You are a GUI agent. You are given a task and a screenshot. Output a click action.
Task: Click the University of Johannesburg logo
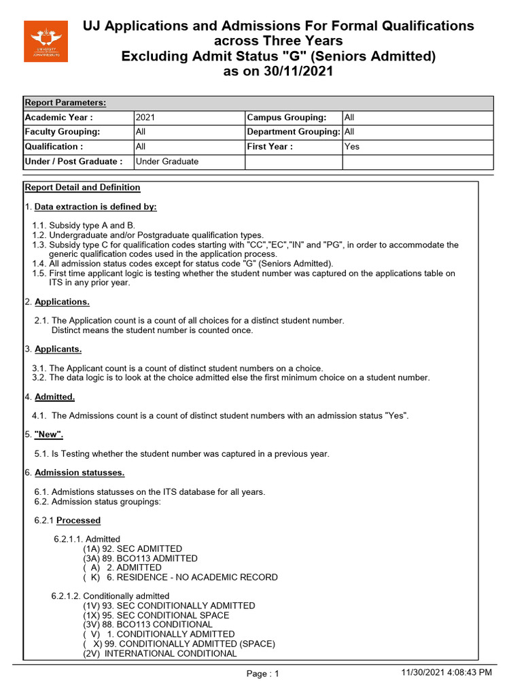coord(46,41)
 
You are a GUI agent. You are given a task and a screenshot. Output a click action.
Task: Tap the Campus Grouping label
coord(286,118)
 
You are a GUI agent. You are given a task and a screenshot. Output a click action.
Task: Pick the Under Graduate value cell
coord(167,162)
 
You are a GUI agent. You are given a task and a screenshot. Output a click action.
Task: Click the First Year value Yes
coord(352,147)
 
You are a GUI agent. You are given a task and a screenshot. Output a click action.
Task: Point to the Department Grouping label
coord(294,132)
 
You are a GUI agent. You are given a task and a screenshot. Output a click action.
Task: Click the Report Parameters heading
coord(65,103)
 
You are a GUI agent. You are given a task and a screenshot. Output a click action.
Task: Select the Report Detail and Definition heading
coord(82,188)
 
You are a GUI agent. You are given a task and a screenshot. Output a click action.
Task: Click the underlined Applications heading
coord(62,301)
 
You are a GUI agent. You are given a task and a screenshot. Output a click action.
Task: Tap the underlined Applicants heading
coord(58,349)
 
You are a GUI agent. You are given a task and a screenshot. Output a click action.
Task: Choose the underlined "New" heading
coord(50,434)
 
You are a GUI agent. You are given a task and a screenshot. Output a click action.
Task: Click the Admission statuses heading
coord(80,472)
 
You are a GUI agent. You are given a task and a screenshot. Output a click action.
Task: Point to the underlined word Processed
coord(78,521)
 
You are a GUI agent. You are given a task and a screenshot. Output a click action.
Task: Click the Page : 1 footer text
coord(262,674)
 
